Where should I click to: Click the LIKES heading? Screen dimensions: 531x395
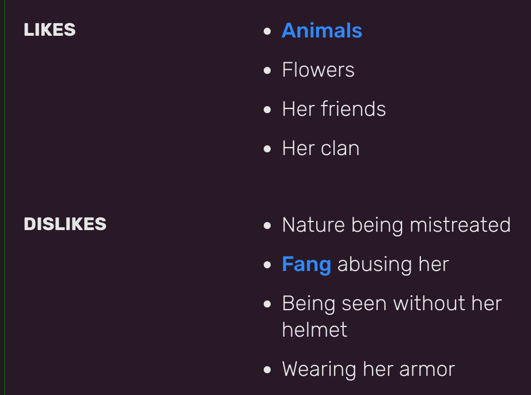pyautogui.click(x=50, y=29)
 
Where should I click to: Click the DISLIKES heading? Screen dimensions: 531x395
pyautogui.click(x=65, y=224)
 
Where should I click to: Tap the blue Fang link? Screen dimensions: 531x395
pyautogui.click(x=306, y=265)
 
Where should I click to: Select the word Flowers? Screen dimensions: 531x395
pyautogui.click(x=318, y=70)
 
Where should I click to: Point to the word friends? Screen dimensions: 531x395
pyautogui.click(x=353, y=109)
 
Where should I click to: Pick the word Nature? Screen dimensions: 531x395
pyautogui.click(x=313, y=225)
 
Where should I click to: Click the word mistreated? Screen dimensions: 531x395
pyautogui.click(x=460, y=225)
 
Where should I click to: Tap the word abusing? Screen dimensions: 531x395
pyautogui.click(x=374, y=265)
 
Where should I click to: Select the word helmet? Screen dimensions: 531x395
pyautogui.click(x=314, y=330)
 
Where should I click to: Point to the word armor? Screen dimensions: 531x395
pyautogui.click(x=427, y=369)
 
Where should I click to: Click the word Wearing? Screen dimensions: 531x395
pyautogui.click(x=319, y=369)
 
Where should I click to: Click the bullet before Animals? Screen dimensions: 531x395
pyautogui.click(x=267, y=31)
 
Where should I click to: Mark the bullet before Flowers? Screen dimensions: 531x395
pyautogui.click(x=267, y=70)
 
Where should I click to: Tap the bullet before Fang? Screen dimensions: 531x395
pyautogui.click(x=267, y=265)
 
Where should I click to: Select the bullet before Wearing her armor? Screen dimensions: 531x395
pyautogui.click(x=267, y=370)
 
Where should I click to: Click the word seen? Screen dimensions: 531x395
pyautogui.click(x=365, y=303)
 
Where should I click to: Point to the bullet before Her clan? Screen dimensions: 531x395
pyautogui.click(x=267, y=149)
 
